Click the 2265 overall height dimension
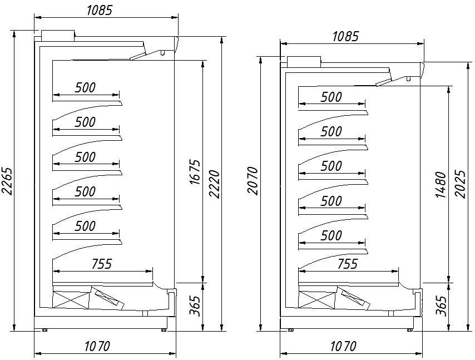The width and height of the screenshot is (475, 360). [x=7, y=181]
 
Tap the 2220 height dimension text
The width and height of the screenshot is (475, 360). [x=214, y=184]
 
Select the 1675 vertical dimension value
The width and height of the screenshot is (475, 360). [x=195, y=172]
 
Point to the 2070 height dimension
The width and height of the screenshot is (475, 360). [x=253, y=180]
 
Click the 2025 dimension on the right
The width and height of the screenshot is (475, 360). [x=460, y=184]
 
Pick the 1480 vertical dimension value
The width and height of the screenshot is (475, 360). [x=441, y=185]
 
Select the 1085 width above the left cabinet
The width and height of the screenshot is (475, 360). [x=100, y=11]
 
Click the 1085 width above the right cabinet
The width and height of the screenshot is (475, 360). [x=345, y=36]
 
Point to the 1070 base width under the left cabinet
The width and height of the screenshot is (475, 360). [x=97, y=346]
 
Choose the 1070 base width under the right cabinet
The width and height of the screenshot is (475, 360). [x=343, y=346]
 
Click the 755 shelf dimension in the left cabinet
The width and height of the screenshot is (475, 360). [x=102, y=264]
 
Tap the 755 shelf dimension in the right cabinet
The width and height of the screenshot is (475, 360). [x=348, y=264]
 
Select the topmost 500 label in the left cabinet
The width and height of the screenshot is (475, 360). [x=85, y=87]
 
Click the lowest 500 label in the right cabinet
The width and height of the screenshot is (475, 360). [x=331, y=235]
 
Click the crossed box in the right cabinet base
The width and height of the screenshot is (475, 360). [x=318, y=300]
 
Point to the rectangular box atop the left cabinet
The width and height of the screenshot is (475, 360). [x=58, y=35]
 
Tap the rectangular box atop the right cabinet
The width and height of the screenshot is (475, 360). [x=304, y=62]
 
